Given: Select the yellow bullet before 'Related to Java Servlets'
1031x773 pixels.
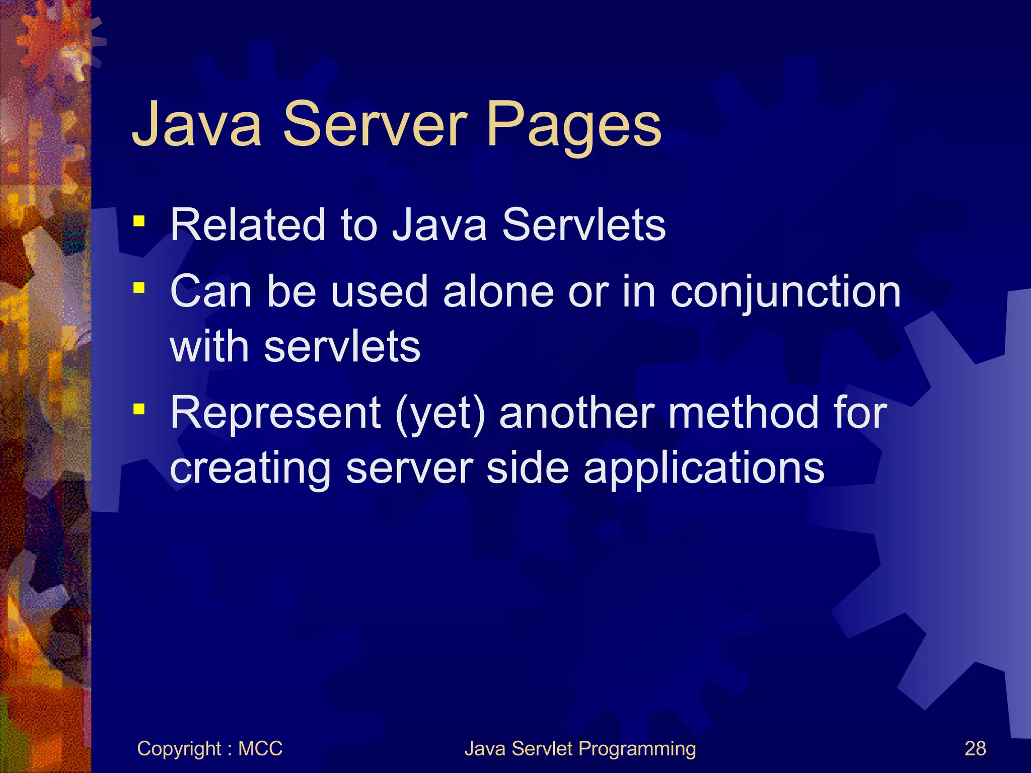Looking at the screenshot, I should coord(139,221).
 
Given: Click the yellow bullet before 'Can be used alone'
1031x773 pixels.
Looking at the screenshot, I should coord(139,288).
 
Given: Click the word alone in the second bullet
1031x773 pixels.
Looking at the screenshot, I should coord(498,292).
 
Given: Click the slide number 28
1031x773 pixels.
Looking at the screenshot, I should coord(975,748).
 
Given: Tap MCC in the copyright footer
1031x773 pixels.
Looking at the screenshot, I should coord(260,748).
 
